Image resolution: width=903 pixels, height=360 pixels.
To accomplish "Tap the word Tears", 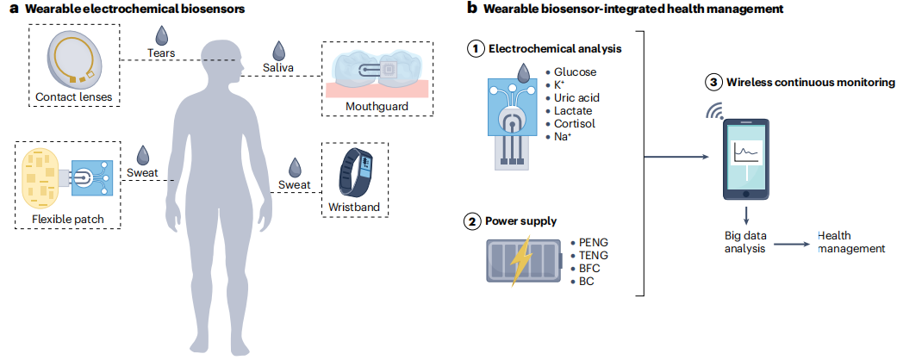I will (x=161, y=53).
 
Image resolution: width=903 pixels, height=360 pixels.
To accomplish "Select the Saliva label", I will (x=278, y=66).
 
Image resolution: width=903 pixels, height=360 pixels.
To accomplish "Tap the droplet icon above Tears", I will (x=161, y=34).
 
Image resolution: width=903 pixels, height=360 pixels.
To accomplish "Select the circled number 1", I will (x=474, y=49).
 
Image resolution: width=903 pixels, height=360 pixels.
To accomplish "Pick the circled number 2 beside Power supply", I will (x=474, y=221).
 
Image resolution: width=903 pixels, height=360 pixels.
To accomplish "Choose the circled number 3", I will (x=713, y=83).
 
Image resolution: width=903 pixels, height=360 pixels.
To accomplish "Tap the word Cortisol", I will (x=575, y=123).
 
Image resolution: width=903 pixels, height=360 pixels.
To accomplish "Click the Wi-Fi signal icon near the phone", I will (x=714, y=111).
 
